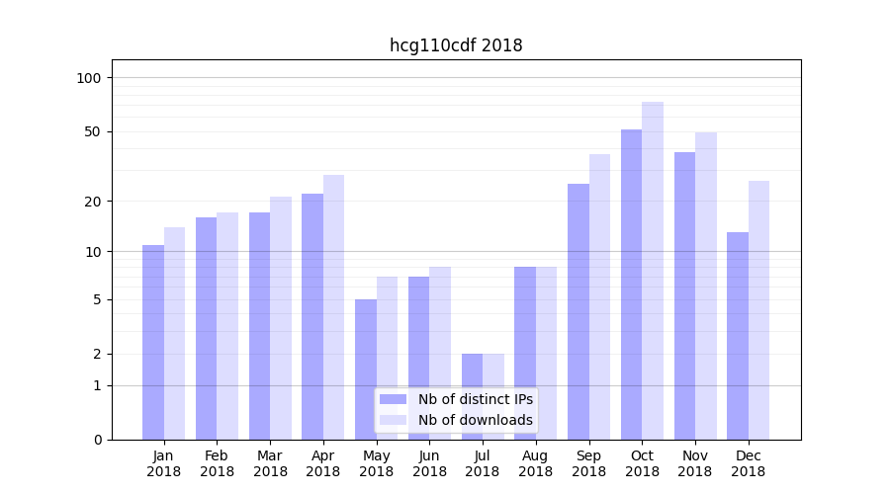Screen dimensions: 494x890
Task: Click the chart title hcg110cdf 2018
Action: point(455,45)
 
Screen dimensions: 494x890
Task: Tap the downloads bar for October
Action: point(653,271)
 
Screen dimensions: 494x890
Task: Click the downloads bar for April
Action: point(333,307)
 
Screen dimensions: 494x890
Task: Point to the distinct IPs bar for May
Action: point(366,370)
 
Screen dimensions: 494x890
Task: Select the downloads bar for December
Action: point(758,310)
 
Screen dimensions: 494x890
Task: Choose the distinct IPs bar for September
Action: point(578,311)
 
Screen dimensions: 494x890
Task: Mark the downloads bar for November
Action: point(706,286)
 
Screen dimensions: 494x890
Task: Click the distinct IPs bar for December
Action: point(738,336)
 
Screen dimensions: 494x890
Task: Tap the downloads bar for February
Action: point(227,326)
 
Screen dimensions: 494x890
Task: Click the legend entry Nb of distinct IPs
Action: point(475,399)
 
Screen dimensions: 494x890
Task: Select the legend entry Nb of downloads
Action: point(475,420)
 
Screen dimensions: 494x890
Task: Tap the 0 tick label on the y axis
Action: point(98,440)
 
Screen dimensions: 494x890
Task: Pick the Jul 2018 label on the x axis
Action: point(483,463)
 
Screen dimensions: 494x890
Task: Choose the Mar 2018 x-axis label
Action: point(270,463)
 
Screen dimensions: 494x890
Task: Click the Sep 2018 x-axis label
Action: point(588,463)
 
